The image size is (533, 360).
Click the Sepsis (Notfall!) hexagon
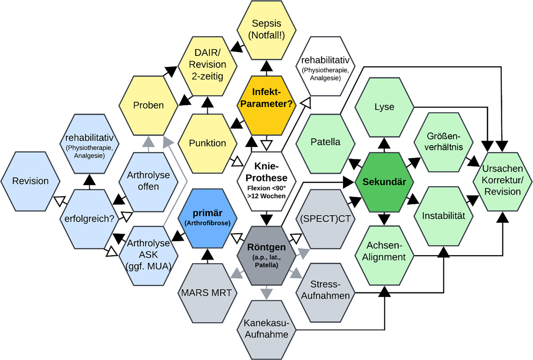[x=266, y=29]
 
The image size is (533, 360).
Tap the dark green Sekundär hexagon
[x=384, y=182]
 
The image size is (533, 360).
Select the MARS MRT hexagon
[x=207, y=293]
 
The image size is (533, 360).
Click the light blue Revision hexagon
[x=30, y=181]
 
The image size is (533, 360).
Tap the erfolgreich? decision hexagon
[x=89, y=218]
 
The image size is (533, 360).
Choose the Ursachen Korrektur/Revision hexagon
[x=503, y=180]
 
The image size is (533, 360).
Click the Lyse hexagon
[x=384, y=107]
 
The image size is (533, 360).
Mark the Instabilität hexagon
[x=443, y=216]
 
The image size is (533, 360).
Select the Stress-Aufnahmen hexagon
[x=325, y=290]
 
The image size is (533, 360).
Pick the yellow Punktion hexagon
[x=207, y=143]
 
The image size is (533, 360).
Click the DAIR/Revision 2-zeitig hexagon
[x=207, y=64]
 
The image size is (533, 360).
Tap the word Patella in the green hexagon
[x=325, y=142]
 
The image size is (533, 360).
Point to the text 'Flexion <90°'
[x=266, y=188]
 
